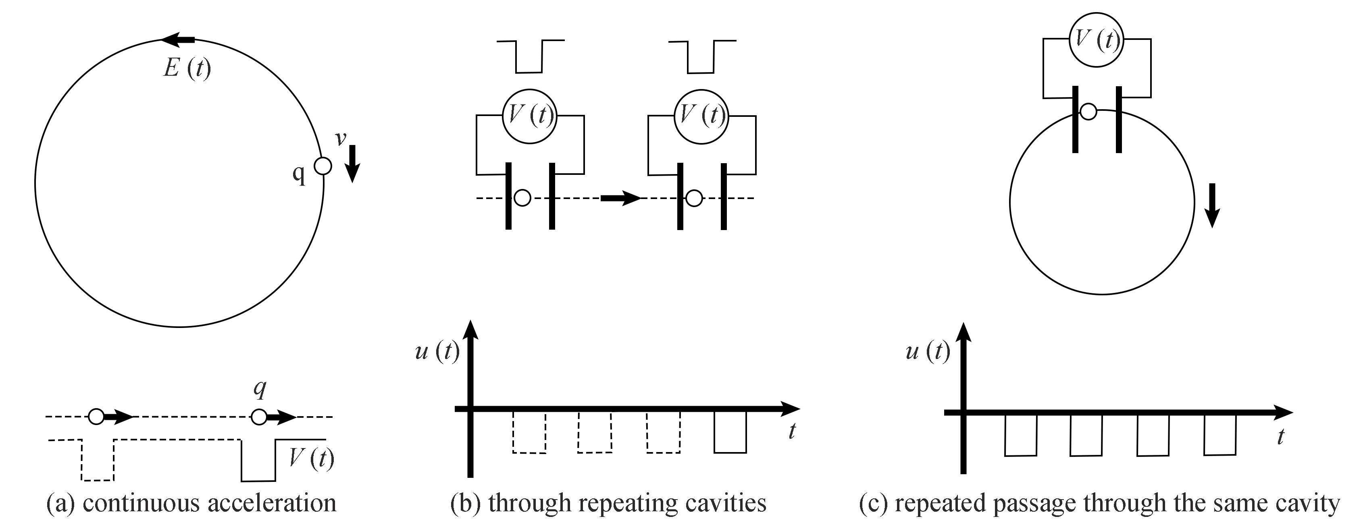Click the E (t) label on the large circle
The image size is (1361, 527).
187,68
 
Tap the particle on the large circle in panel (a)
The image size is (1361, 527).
323,166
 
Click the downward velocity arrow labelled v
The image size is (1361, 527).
353,163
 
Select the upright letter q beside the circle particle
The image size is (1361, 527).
299,173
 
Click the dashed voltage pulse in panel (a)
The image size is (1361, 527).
98,459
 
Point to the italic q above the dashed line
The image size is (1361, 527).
259,389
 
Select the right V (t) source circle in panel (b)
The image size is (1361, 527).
701,116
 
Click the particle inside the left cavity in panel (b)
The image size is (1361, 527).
522,198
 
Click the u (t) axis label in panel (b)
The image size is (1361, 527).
437,351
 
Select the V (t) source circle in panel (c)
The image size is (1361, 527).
1096,39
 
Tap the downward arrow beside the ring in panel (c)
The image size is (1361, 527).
1212,205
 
